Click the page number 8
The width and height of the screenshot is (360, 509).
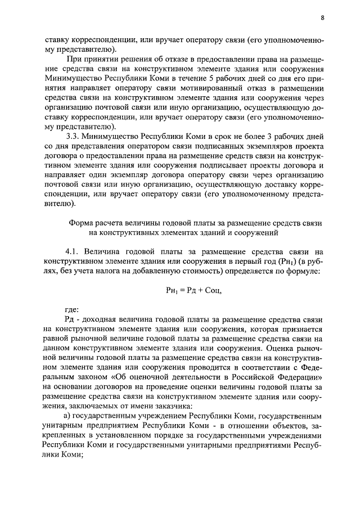tap(322, 17)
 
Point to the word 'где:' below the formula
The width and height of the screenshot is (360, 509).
tap(72, 309)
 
